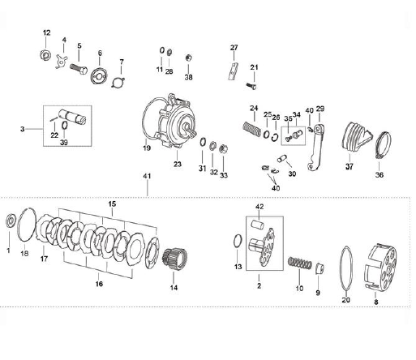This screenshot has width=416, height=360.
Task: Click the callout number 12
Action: point(47,33)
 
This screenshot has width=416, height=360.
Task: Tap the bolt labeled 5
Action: point(79,69)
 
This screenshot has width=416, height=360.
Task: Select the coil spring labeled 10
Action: point(300,263)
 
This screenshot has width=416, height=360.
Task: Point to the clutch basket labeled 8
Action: point(380,268)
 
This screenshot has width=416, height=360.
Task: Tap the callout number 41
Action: point(147,176)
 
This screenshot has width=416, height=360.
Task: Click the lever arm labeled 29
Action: point(316,148)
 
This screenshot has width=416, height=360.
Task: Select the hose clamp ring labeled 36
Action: point(384,146)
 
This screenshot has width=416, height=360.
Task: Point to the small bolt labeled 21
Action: point(251,86)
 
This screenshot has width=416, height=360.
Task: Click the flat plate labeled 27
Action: point(234,71)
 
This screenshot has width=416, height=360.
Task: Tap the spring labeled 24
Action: point(252,130)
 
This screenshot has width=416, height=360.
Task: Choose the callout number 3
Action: point(23,129)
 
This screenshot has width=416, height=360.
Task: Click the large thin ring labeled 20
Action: point(346,268)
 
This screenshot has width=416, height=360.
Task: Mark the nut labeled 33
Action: point(224,148)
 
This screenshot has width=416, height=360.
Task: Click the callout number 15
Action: point(112,204)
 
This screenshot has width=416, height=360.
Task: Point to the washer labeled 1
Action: point(11,221)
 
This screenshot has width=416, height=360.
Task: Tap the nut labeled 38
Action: point(188,58)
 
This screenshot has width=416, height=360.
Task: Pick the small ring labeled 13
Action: point(238,241)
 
